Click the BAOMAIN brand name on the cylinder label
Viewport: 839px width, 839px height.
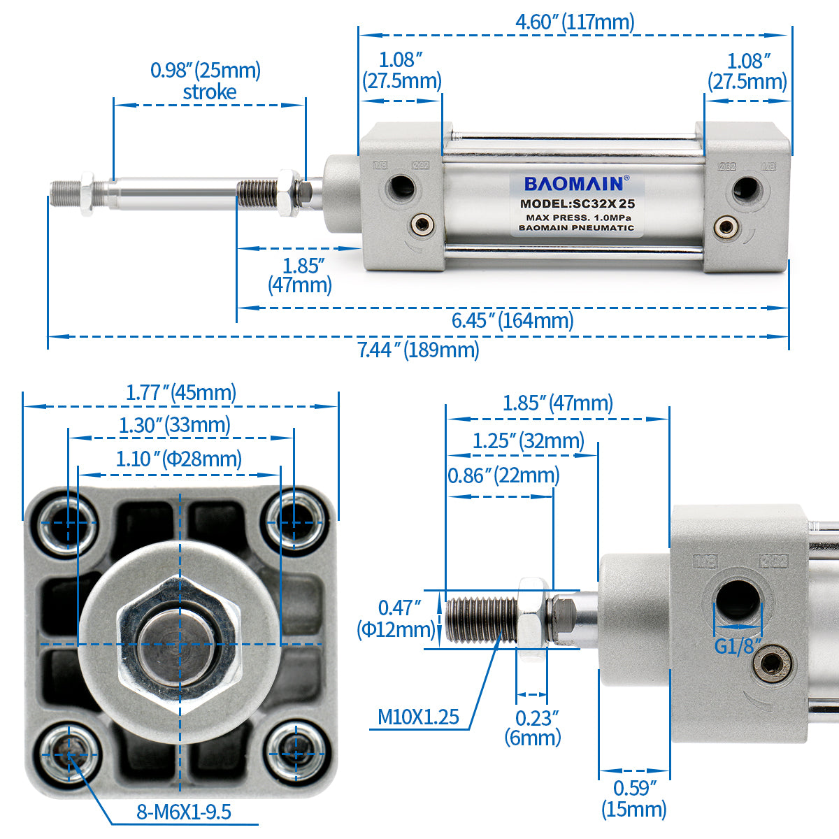point(574,184)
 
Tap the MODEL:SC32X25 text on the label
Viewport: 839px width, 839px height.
point(578,203)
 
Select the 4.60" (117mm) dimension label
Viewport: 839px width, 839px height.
point(575,22)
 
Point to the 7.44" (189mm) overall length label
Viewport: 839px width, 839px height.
point(418,350)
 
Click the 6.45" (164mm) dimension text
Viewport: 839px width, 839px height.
point(512,321)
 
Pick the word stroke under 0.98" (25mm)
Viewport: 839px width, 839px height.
point(210,92)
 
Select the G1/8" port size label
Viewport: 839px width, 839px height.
point(738,647)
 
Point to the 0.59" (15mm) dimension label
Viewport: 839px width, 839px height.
point(634,798)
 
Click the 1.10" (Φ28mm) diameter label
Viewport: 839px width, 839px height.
point(178,459)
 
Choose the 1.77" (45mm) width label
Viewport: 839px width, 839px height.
point(180,393)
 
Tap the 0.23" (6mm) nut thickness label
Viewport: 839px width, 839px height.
point(533,728)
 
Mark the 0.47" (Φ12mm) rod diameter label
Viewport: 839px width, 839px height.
point(396,619)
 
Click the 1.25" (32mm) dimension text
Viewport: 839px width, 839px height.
point(528,441)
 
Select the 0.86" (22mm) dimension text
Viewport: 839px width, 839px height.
point(503,475)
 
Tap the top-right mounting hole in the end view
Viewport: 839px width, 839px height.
point(294,522)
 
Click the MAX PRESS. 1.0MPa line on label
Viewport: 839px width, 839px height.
point(578,217)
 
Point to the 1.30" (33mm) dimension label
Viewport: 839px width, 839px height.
point(175,425)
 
